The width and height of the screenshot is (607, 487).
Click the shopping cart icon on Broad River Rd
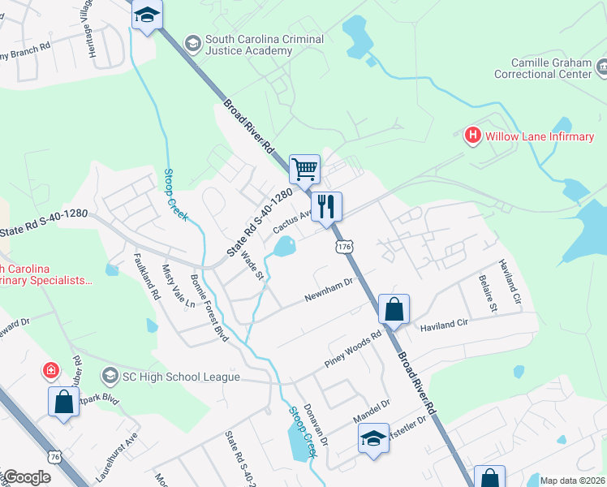point(304,170)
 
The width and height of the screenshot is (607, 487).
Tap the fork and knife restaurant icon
point(327,206)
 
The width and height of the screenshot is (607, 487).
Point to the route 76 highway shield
point(55,457)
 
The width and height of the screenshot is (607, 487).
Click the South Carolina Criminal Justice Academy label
point(264,45)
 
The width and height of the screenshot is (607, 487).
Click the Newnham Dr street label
point(329,290)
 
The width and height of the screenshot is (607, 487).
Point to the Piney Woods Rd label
point(352,350)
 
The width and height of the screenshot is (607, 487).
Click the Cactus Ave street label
point(292,222)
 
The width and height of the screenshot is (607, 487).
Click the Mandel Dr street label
point(372,411)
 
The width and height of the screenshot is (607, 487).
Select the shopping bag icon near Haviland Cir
point(394,309)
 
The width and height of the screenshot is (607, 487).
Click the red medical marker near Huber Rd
point(50,371)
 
